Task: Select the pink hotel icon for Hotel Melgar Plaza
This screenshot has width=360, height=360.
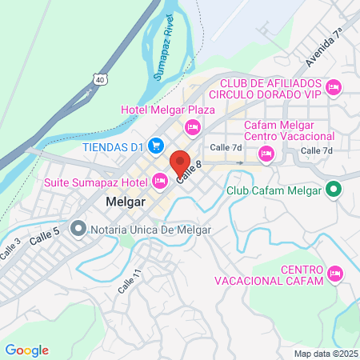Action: coord(192,126)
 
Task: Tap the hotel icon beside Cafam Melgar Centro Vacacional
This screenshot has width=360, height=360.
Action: coord(266,153)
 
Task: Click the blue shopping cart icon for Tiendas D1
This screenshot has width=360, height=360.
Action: coord(157,146)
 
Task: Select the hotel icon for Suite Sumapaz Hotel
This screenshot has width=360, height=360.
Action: coord(160,182)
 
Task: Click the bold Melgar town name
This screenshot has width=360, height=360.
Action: coord(125,202)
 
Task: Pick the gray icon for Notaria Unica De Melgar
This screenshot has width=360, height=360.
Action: coord(78,230)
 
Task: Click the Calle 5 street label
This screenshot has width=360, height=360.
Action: coord(45,236)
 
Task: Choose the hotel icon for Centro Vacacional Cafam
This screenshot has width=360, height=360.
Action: coord(336,274)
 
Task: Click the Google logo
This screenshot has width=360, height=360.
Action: coord(26,350)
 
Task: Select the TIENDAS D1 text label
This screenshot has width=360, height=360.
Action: coord(111,146)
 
